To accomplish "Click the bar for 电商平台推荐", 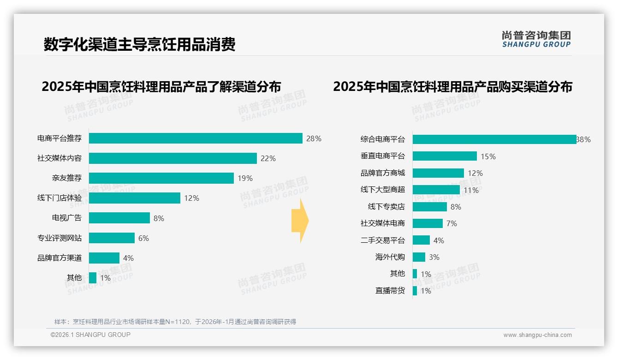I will point(196,138).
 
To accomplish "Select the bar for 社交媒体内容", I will point(172,158).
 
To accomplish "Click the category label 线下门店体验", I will point(59,198).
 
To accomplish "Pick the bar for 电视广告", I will point(119,218).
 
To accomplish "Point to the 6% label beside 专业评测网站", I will point(143,238).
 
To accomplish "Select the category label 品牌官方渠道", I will point(59,258).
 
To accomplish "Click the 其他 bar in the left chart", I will point(93,278).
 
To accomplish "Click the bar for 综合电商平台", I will point(494,139).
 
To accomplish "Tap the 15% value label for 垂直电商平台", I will point(488,156).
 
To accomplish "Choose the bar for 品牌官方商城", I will point(438,173).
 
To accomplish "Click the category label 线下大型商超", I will point(382,190).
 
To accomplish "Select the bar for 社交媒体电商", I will point(428,223).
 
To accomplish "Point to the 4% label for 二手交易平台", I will point(439,240).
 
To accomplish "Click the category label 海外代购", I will point(390,257).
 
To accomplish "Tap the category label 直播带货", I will point(390,291).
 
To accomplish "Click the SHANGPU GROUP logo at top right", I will point(536,39).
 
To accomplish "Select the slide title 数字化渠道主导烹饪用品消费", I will point(139,44).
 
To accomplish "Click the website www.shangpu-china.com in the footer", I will point(537,335).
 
